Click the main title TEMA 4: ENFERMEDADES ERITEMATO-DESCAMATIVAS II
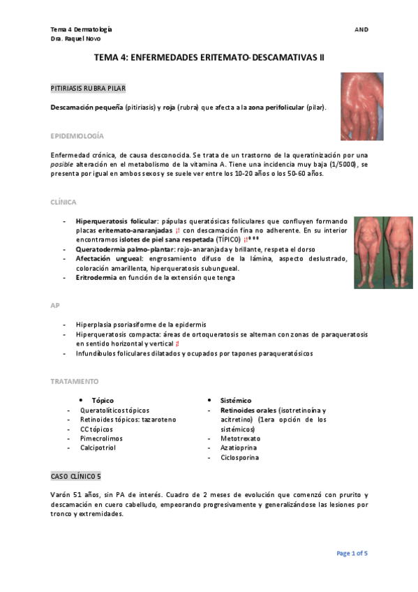(x=209, y=59)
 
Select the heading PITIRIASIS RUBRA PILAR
(x=88, y=89)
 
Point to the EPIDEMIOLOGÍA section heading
(x=77, y=135)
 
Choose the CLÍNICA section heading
(x=64, y=202)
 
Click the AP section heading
(x=54, y=306)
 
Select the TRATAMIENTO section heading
(x=74, y=381)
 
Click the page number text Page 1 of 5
(x=352, y=554)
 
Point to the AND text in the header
(x=361, y=29)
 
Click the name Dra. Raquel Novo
(x=76, y=38)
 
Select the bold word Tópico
(x=103, y=401)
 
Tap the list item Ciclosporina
(x=239, y=458)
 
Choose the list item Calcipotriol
(x=98, y=447)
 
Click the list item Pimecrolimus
(x=101, y=438)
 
